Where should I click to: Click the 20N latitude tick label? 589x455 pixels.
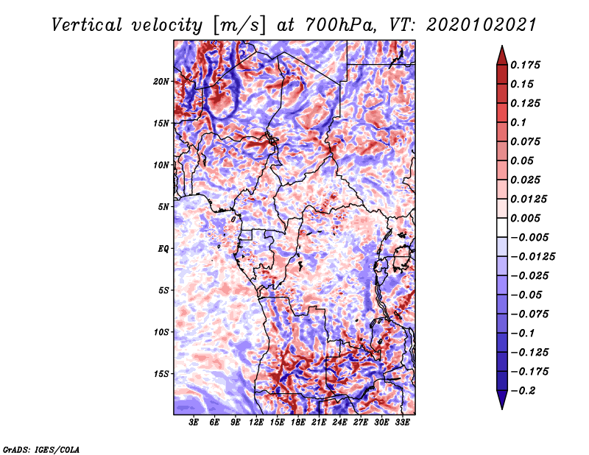coord(161,81)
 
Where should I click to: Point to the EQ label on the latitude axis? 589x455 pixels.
coord(163,248)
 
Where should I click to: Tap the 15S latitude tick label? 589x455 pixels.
coord(161,374)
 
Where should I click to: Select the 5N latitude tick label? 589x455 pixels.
coord(163,207)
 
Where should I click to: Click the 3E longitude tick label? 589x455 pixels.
coord(194,423)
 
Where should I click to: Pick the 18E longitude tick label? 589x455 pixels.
coord(298,423)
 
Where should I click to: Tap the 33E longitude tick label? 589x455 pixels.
coord(402,423)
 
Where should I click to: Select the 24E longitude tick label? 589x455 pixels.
coord(339,423)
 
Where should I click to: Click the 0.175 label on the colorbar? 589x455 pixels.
coord(525,65)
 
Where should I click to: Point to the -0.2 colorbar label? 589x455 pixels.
coord(523,391)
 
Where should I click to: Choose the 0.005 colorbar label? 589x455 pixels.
coord(525,218)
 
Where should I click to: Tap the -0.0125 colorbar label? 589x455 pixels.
coord(532,257)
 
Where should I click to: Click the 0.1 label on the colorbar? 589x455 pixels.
coord(518,122)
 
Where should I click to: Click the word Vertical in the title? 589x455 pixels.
coord(87,25)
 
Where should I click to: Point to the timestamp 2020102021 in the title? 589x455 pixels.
coord(482,25)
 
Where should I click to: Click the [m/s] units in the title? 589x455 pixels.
coord(239,26)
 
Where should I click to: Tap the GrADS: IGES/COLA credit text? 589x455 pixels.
coord(41,450)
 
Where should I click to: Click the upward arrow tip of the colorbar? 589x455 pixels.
coord(502,46)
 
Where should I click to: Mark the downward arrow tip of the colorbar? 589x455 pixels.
coord(502,409)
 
